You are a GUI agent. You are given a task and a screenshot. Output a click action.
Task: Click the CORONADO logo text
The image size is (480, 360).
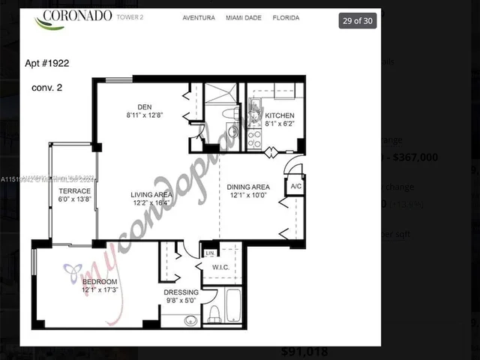pyautogui.click(x=77, y=15)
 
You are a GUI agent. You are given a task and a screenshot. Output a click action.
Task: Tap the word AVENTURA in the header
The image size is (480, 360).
pyautogui.click(x=199, y=17)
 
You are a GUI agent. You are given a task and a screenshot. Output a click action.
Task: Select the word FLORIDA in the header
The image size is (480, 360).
pyautogui.click(x=285, y=17)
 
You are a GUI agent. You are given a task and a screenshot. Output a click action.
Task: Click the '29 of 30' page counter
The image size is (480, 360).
pyautogui.click(x=358, y=20)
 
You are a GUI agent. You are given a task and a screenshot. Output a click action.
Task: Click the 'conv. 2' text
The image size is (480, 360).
pyautogui.click(x=46, y=88)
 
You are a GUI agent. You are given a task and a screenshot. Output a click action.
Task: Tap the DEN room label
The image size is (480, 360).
pyautogui.click(x=145, y=106)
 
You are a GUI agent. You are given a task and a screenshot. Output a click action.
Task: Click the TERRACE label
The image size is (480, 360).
pyautogui.click(x=74, y=191)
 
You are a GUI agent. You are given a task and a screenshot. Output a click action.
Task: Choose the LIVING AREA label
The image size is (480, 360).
pyautogui.click(x=152, y=194)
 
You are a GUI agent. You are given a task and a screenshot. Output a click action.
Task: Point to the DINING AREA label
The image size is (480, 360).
pyautogui.click(x=250, y=187)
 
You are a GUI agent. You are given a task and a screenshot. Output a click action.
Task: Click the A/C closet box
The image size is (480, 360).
pyautogui.click(x=295, y=186)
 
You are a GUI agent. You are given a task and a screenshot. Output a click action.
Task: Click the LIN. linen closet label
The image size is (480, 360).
pyautogui.click(x=210, y=253)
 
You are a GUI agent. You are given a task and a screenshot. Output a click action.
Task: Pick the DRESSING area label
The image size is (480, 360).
pyautogui.click(x=181, y=292)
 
